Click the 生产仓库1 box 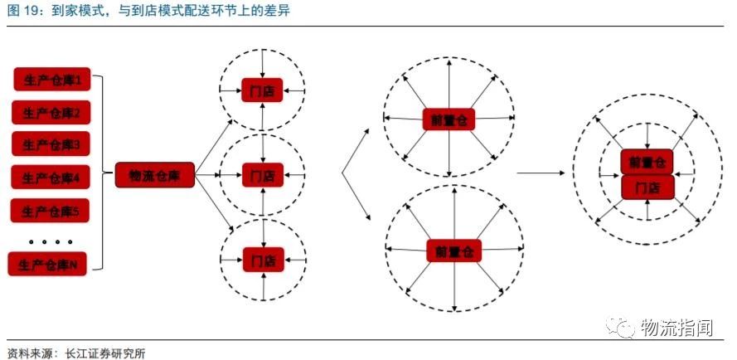51,80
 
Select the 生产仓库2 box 51,113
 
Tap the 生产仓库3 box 51,144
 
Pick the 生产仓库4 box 51,178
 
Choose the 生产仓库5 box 51,211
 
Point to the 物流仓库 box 155,174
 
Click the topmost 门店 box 262,90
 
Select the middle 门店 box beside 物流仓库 262,174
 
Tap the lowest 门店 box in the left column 262,257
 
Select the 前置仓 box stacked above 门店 647,162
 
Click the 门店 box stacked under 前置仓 647,187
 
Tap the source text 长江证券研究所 99,352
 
